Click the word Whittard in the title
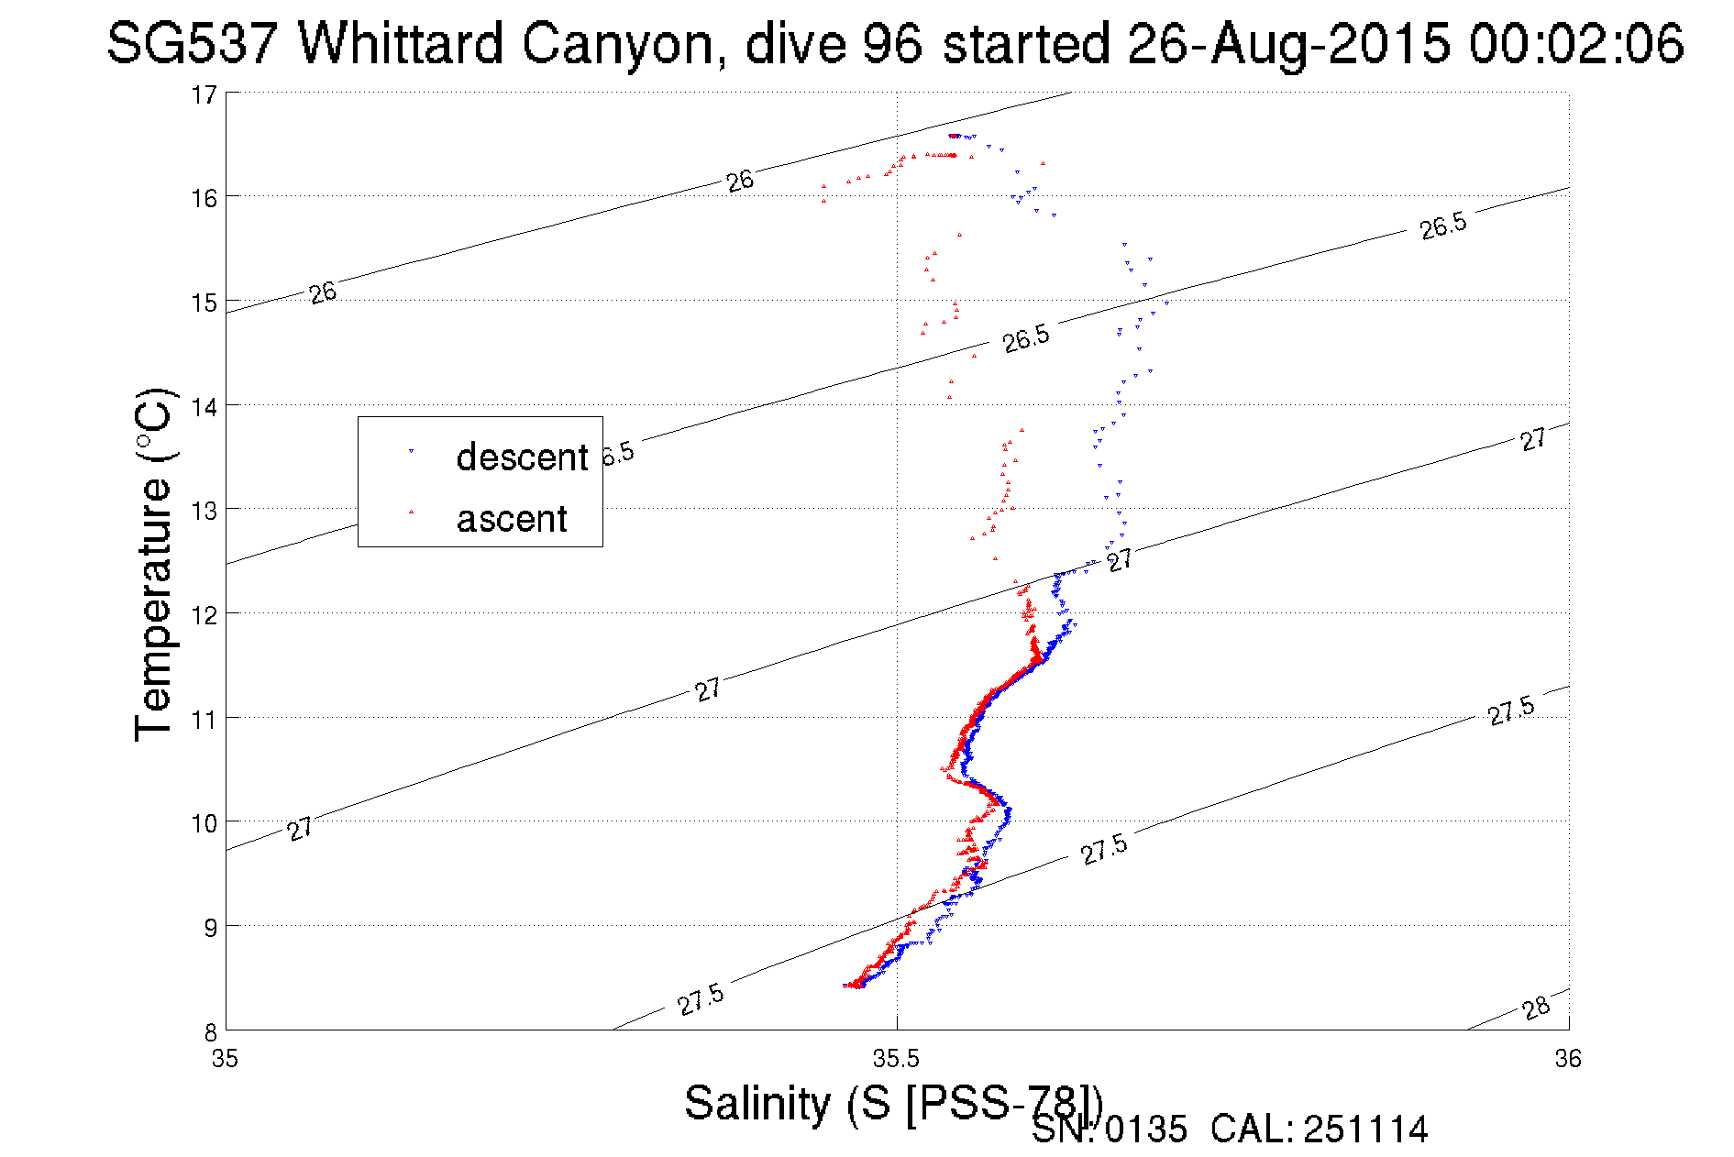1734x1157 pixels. tap(401, 43)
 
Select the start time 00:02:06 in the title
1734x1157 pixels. tap(1576, 43)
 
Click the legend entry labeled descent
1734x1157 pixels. tap(521, 457)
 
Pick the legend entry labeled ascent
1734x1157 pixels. tap(512, 519)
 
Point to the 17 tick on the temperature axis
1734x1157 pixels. tap(204, 94)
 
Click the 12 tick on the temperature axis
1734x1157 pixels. tap(204, 614)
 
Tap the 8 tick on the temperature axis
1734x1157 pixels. tap(210, 1031)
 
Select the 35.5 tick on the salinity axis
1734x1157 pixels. tap(896, 1059)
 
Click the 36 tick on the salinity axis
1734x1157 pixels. tap(1568, 1059)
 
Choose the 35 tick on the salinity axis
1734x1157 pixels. tap(225, 1059)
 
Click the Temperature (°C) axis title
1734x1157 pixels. tap(154, 565)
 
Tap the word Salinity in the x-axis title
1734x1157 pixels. tap(757, 1103)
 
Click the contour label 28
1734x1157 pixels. tap(1536, 1008)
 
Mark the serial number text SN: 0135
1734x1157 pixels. tap(1109, 1129)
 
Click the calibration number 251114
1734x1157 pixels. tap(1365, 1129)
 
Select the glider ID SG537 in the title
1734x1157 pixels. tap(191, 43)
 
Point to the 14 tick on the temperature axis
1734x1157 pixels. tap(204, 406)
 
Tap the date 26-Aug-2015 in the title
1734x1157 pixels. tap(1288, 43)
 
